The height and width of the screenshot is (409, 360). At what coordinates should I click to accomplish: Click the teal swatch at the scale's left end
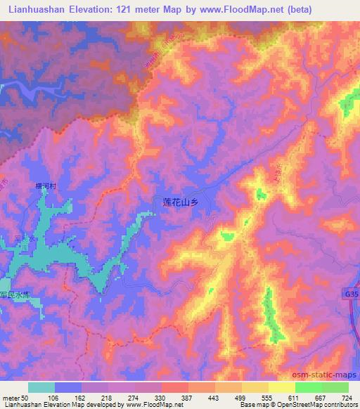(x=41, y=387)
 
